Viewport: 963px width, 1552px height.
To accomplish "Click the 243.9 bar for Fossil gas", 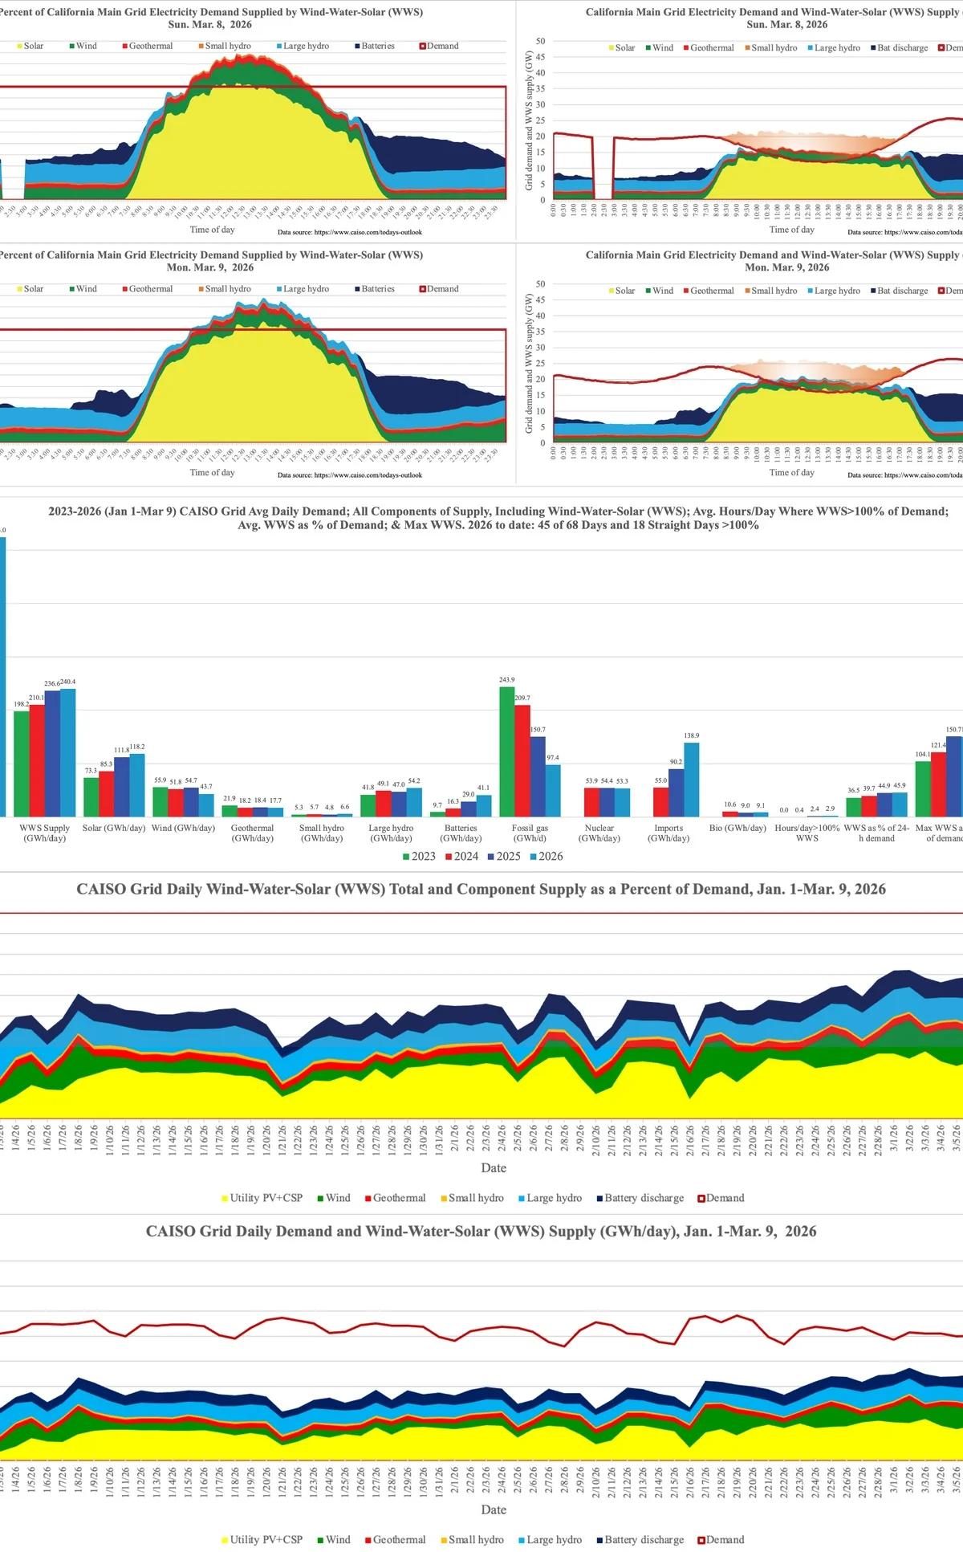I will tap(507, 751).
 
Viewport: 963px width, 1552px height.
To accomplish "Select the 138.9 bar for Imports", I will tap(691, 779).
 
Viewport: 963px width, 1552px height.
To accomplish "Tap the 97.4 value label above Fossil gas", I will tap(553, 758).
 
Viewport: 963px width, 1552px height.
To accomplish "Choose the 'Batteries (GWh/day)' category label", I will tap(461, 833).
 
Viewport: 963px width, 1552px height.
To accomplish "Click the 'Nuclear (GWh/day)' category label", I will tap(599, 833).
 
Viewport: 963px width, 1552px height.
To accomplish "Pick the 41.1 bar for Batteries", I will tap(484, 805).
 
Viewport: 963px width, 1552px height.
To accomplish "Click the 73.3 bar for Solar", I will tap(91, 796).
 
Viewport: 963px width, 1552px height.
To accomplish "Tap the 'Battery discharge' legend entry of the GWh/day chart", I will tap(639, 1539).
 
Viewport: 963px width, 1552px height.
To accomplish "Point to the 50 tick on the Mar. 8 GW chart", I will tap(540, 41).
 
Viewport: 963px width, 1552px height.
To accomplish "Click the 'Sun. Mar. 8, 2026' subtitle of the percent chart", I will tap(209, 24).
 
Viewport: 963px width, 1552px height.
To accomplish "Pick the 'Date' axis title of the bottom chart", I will tap(494, 1509).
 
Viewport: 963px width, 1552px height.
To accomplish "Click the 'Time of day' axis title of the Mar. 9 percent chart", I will tap(212, 472).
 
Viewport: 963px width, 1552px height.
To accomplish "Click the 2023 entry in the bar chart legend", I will tap(418, 856).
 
